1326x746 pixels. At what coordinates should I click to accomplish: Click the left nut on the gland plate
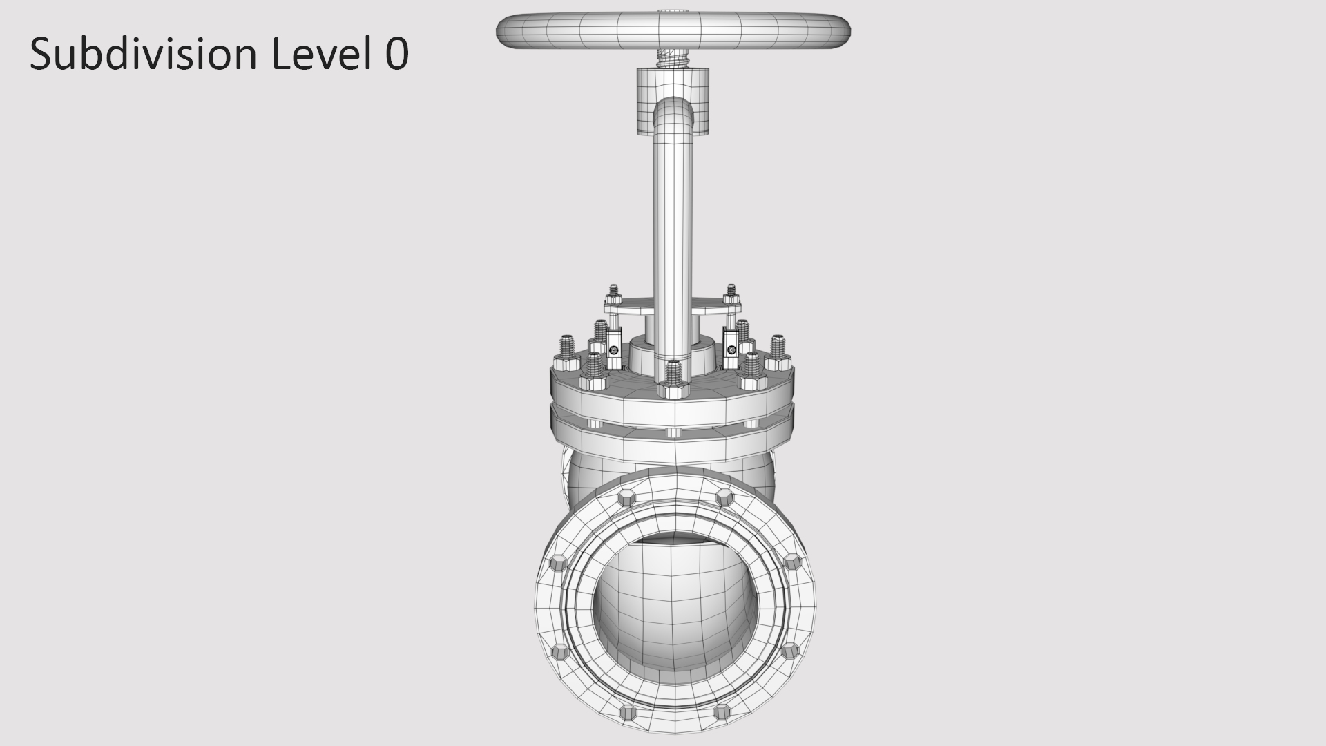pos(613,298)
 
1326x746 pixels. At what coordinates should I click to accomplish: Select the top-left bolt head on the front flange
pos(626,497)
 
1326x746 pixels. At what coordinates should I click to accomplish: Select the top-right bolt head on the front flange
pos(724,497)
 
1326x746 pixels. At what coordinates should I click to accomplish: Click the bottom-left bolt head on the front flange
pos(627,711)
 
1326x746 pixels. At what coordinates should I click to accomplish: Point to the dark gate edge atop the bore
pos(673,537)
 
